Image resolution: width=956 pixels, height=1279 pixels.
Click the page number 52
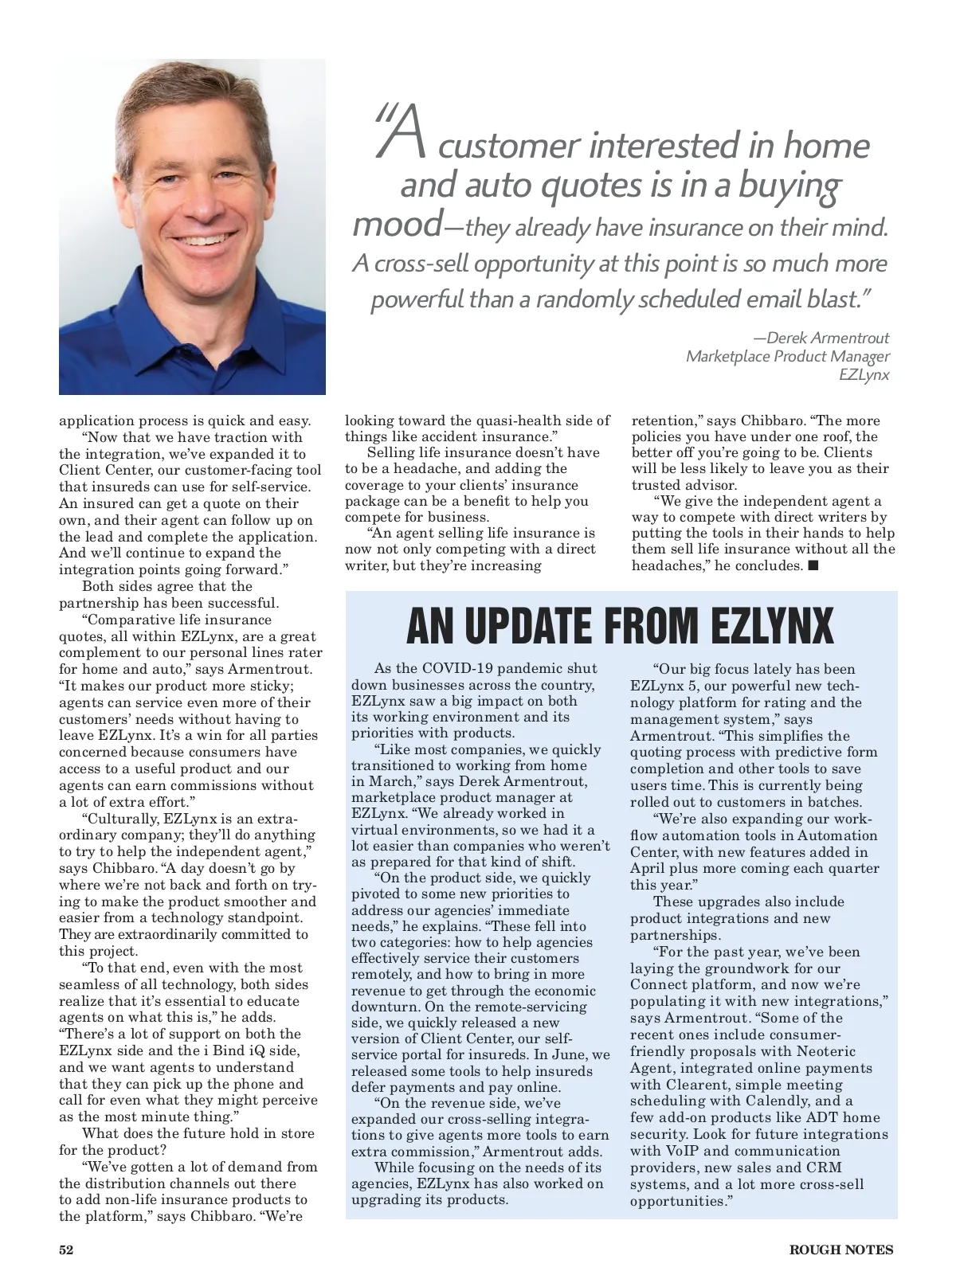(x=66, y=1250)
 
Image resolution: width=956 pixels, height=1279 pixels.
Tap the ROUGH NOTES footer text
(x=840, y=1250)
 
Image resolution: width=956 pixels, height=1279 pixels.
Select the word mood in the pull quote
(x=396, y=224)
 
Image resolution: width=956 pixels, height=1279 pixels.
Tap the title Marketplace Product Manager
(x=787, y=356)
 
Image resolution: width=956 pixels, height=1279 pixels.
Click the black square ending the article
(x=813, y=565)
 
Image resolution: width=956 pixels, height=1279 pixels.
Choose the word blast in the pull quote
(x=832, y=300)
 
